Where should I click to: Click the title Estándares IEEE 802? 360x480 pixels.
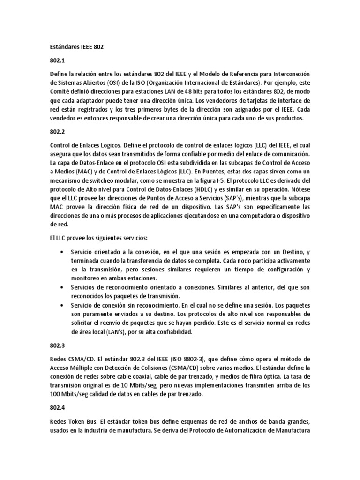pos(76,47)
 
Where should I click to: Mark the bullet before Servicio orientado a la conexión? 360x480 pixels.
pos(63,252)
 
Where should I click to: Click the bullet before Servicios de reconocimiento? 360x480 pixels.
pos(63,287)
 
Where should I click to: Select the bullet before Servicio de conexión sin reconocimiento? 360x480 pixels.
pos(63,305)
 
